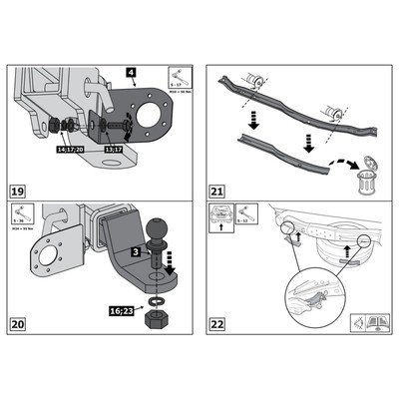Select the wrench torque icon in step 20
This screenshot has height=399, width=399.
click(24, 213)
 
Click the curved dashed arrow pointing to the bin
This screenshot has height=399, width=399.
click(343, 158)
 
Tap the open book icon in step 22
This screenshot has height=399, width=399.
click(374, 322)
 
